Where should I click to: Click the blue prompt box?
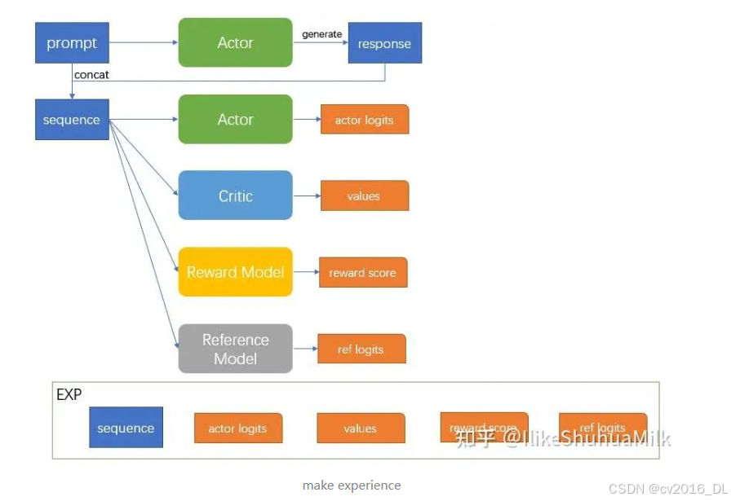point(72,43)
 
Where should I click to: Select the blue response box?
point(384,43)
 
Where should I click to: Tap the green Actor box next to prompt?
point(235,42)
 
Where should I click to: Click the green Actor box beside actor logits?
point(235,119)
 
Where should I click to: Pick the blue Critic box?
point(235,196)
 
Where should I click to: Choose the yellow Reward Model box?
point(235,272)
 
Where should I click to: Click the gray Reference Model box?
point(235,349)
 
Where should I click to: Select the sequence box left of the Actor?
point(72,120)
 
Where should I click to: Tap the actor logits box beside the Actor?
point(364,120)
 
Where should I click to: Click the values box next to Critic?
point(364,196)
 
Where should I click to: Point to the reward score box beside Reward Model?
point(362,273)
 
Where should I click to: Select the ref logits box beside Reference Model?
point(361,349)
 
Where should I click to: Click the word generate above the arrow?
point(321,33)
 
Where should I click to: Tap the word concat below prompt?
point(91,75)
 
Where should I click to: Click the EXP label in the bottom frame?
point(69,395)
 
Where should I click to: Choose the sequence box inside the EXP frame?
point(126,428)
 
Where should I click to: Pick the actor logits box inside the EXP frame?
point(237,428)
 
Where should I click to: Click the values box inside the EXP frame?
point(360,428)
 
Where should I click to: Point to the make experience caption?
point(352,486)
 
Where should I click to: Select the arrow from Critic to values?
point(306,196)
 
